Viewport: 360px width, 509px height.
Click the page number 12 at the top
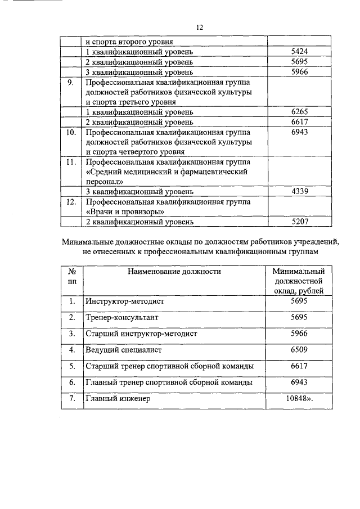pos(199,28)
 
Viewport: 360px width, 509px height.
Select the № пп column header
pos(71,276)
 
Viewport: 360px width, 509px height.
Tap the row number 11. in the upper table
pos(71,162)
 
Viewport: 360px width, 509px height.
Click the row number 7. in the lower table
pos(71,398)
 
